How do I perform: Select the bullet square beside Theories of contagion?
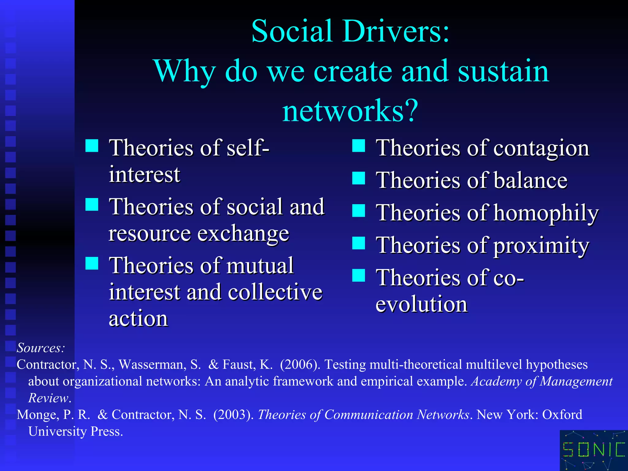(x=358, y=146)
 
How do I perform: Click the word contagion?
(x=541, y=148)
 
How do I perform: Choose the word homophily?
(x=546, y=213)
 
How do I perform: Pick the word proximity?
(x=541, y=246)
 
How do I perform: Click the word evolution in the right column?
(x=422, y=304)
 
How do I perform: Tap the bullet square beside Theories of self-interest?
(x=92, y=146)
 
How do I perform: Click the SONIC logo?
(x=594, y=450)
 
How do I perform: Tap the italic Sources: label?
(x=41, y=348)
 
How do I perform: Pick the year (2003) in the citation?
(x=233, y=415)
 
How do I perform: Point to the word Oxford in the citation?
(x=562, y=415)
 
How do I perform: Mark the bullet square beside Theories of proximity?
(x=358, y=243)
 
